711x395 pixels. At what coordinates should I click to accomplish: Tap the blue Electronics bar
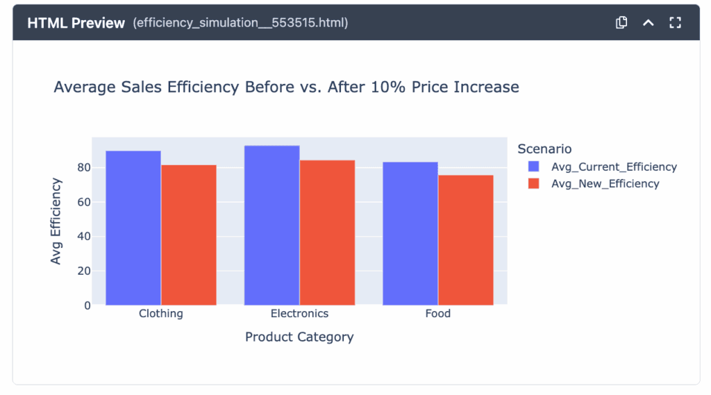(271, 225)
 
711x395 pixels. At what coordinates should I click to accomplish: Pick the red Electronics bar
(327, 233)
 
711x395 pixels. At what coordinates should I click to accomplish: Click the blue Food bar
(410, 233)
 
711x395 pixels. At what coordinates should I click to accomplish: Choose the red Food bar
(466, 240)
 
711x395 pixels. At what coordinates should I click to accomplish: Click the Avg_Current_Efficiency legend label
(613, 167)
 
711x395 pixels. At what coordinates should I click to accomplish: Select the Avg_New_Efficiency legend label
(605, 184)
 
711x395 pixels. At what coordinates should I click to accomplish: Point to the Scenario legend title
(544, 149)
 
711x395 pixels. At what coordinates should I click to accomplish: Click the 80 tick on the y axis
(84, 167)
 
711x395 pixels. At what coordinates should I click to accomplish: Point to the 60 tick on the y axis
(84, 202)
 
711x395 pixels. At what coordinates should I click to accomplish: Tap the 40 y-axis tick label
(84, 236)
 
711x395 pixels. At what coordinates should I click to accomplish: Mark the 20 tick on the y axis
(84, 271)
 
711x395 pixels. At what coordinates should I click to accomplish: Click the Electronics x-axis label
(299, 314)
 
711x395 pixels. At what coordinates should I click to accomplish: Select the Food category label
(437, 314)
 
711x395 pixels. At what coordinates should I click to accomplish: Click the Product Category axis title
(299, 337)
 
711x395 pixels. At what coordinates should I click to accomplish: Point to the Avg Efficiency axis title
(56, 221)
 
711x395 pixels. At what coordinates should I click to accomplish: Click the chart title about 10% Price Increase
(286, 87)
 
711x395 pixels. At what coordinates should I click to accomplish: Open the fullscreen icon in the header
(675, 23)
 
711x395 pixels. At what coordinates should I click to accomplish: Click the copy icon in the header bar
(621, 23)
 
